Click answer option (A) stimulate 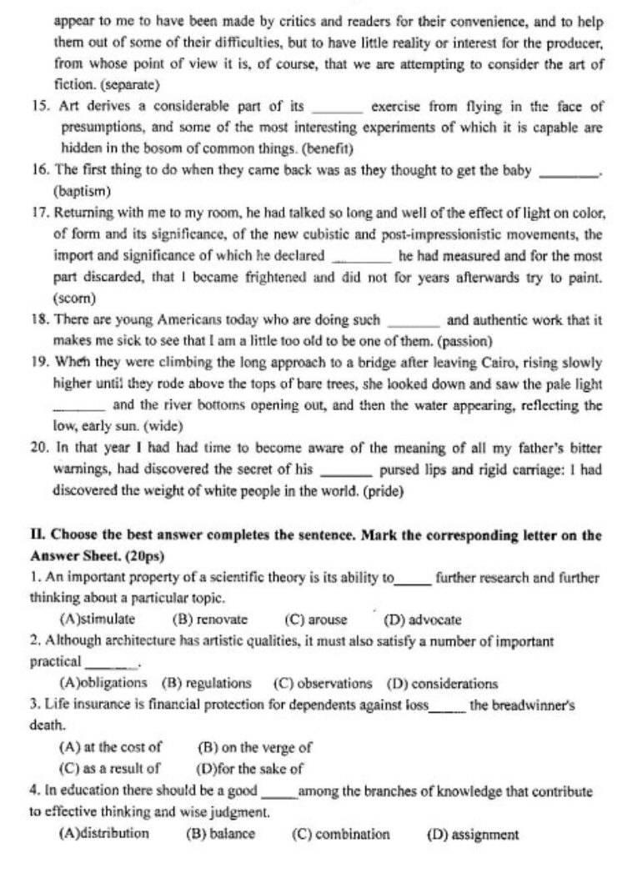coord(98,620)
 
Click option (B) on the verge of coord(253,748)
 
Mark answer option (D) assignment coord(472,833)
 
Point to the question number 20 coord(38,447)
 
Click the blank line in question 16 coord(569,172)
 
